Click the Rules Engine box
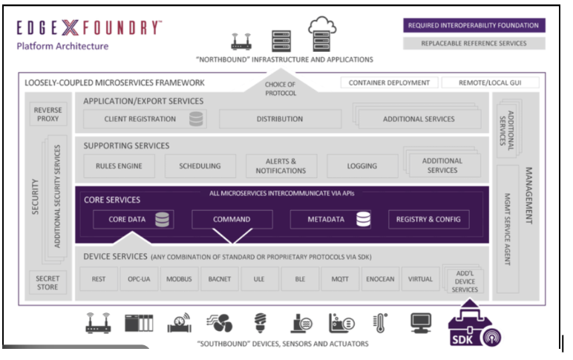pyautogui.click(x=119, y=166)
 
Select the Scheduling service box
pyautogui.click(x=200, y=166)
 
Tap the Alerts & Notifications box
pyautogui.click(x=281, y=166)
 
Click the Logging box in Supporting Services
pyautogui.click(x=362, y=166)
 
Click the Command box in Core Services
pyautogui.click(x=232, y=219)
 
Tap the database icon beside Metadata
pyautogui.click(x=363, y=219)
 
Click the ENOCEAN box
pyautogui.click(x=380, y=280)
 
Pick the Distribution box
pyautogui.click(x=280, y=119)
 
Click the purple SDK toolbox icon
pyautogui.click(x=471, y=327)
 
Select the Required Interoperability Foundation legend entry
pyautogui.click(x=474, y=25)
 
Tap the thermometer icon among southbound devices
pyautogui.click(x=381, y=324)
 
